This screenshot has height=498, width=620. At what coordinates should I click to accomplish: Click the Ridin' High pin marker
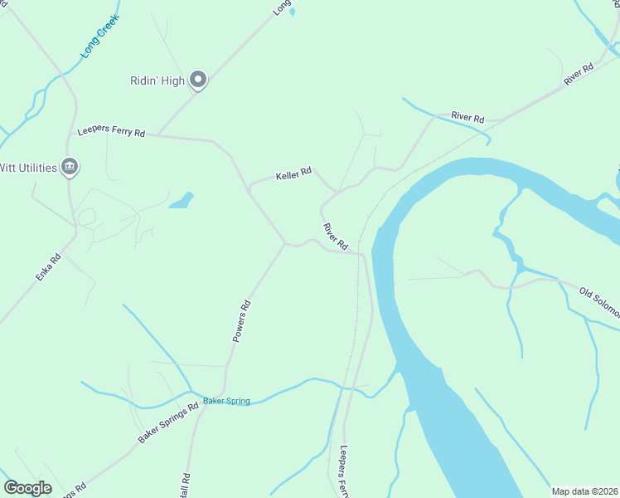(x=198, y=80)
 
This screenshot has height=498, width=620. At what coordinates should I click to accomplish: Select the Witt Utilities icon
(x=70, y=168)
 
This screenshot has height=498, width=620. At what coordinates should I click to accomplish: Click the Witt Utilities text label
(x=28, y=168)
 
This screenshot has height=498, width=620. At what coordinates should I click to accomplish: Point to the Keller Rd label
(x=293, y=173)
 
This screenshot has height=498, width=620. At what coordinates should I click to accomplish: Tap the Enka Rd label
(x=49, y=267)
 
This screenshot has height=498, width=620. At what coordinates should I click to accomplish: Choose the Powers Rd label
(x=241, y=321)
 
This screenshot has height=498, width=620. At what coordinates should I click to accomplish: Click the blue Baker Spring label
(x=226, y=401)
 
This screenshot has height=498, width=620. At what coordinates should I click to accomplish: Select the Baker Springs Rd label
(x=168, y=422)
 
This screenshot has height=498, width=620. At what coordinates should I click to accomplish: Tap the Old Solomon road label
(x=599, y=303)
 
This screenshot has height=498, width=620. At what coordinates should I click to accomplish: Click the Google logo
(x=27, y=488)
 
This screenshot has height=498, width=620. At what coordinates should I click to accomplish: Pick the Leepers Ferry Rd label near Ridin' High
(x=111, y=132)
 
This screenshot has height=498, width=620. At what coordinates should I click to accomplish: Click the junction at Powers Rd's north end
(x=286, y=244)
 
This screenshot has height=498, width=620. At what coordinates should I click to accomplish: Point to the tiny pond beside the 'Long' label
(x=291, y=12)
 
